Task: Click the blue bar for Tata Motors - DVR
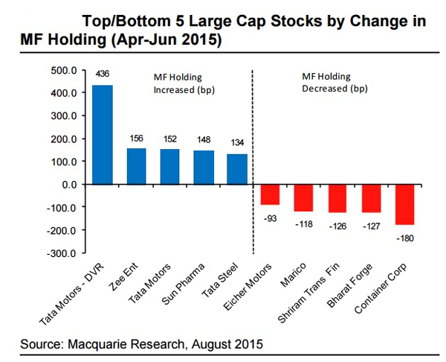tap(103, 135)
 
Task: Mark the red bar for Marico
tap(303, 197)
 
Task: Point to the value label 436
tap(103, 75)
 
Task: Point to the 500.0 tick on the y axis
tap(63, 71)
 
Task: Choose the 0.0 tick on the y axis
tap(68, 185)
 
